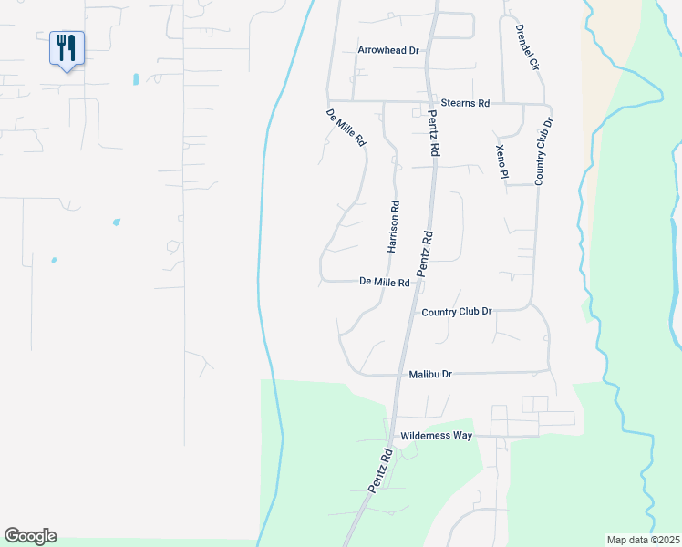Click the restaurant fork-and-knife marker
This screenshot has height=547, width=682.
coord(67,47)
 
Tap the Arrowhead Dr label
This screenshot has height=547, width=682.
coord(387,51)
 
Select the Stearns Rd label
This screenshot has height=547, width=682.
coord(464,103)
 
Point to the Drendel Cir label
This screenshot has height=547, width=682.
coord(528,48)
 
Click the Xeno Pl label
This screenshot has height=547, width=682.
coord(501,161)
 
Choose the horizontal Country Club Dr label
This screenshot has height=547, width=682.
coord(457,312)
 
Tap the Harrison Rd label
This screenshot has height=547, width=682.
coord(394,226)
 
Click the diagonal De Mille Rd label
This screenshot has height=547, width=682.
coord(346,129)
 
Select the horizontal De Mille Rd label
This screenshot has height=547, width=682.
coord(384,283)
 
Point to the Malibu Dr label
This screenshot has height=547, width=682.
coord(430,374)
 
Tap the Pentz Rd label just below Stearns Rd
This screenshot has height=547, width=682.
coord(435,138)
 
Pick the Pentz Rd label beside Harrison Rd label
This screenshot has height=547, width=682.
coord(424,253)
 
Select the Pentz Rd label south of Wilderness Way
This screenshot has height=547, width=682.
coord(380,470)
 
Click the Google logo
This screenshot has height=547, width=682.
coord(30,536)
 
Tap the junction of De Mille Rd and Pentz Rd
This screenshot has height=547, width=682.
coord(415,283)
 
